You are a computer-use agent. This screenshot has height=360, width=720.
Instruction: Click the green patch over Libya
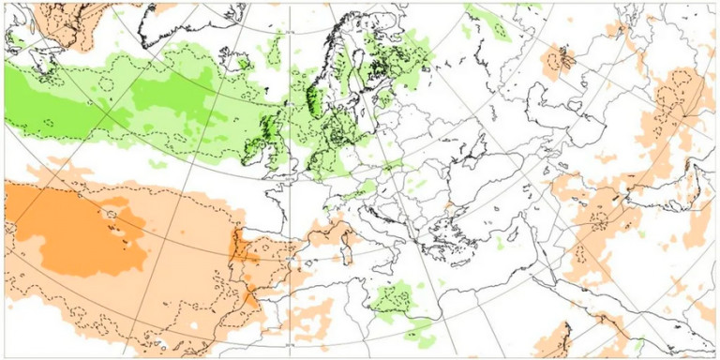coord(394,300)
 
